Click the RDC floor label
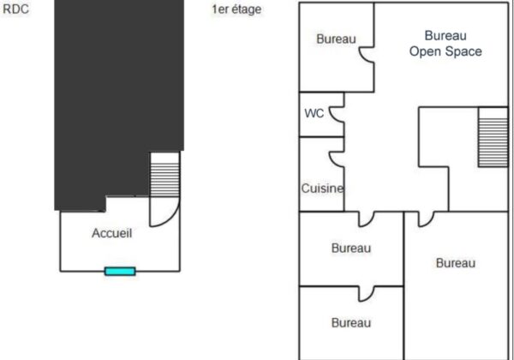(x=15, y=10)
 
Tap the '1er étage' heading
(x=236, y=10)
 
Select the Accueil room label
(x=111, y=233)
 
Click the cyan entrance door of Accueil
(x=120, y=271)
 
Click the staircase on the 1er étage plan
(x=493, y=136)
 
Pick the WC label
(x=314, y=113)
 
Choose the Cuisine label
(x=322, y=189)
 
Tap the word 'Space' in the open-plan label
(x=463, y=51)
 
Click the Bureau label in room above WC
(x=336, y=39)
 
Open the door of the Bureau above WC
(x=367, y=54)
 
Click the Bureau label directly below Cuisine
(x=351, y=249)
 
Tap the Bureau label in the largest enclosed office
(x=455, y=263)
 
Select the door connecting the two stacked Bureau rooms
(x=366, y=292)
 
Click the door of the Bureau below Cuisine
(x=366, y=219)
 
